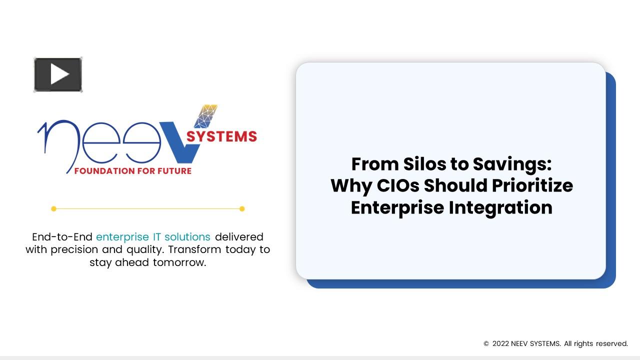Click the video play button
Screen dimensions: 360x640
[58, 75]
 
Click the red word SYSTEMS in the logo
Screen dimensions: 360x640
[221, 136]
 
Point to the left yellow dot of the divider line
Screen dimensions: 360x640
[54, 208]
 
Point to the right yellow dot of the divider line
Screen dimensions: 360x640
[242, 208]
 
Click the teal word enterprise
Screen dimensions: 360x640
[122, 236]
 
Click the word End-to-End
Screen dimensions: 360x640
[62, 236]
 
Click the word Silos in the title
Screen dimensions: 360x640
[429, 164]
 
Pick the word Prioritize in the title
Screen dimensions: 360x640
[532, 185]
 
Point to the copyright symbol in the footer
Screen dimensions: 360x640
[486, 344]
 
